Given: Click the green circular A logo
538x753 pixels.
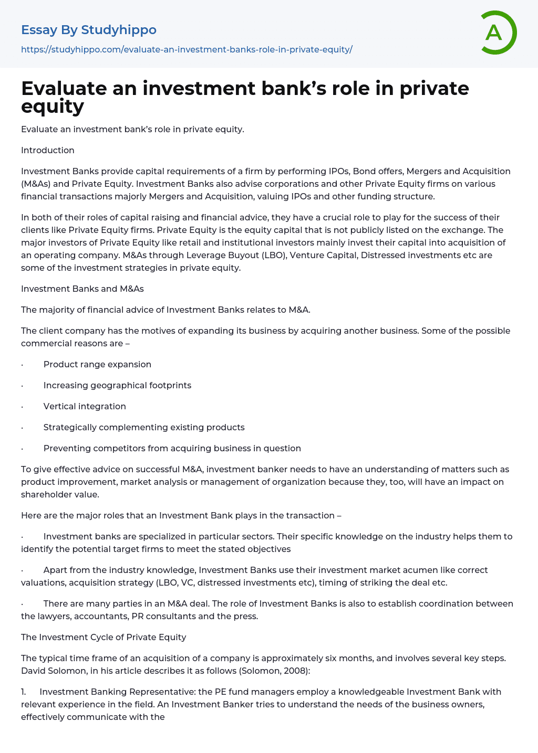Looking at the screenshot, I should click(x=498, y=33).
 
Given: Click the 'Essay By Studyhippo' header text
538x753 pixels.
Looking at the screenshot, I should click(x=89, y=30).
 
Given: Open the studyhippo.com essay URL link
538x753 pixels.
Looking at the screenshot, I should click(x=187, y=50).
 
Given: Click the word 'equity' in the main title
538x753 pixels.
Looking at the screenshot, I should click(x=53, y=107).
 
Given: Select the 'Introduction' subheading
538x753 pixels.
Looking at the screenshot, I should click(x=48, y=151).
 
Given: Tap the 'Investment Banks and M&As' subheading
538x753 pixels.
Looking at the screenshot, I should click(x=82, y=289).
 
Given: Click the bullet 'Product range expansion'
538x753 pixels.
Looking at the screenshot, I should click(x=97, y=365).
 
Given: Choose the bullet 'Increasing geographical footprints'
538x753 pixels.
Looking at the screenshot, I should click(x=117, y=386).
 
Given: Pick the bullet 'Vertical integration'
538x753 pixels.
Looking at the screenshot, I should click(x=85, y=407).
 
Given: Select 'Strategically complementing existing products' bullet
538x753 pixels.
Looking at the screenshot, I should click(x=144, y=428).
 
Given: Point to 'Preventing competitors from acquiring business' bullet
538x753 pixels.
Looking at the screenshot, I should click(x=172, y=449).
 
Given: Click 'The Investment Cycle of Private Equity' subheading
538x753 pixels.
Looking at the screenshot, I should click(x=104, y=638).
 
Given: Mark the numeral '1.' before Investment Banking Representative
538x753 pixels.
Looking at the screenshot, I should click(x=24, y=692).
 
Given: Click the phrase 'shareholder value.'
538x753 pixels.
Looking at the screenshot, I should click(x=60, y=495).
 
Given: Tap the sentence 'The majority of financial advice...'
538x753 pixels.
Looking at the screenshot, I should click(x=165, y=310).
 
